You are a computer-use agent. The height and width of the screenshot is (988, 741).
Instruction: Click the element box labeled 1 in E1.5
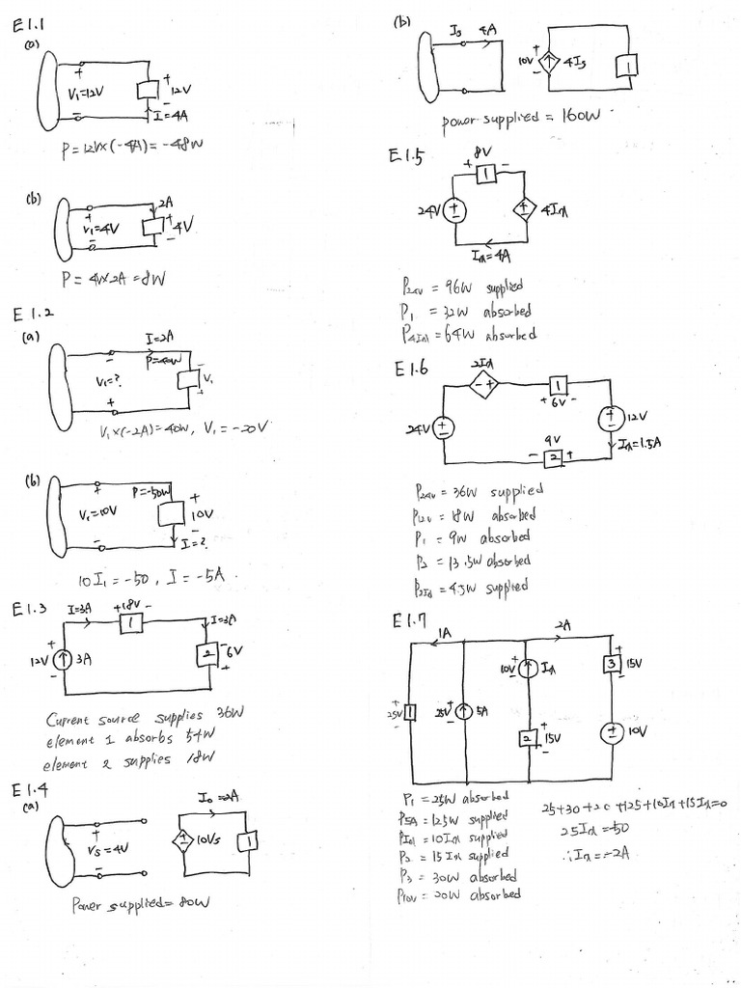[x=487, y=174]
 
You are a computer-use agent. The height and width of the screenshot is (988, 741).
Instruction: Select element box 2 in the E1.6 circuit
[x=553, y=457]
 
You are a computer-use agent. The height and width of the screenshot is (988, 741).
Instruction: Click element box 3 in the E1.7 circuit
[x=612, y=665]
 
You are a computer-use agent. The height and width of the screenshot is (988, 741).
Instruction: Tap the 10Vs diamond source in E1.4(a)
[x=181, y=840]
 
